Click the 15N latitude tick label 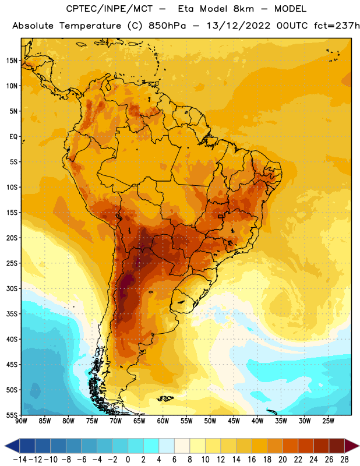pyautogui.click(x=12, y=61)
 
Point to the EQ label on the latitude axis pyautogui.click(x=13, y=137)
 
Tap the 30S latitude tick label pyautogui.click(x=12, y=288)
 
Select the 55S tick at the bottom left pyautogui.click(x=12, y=415)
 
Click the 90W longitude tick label pyautogui.click(x=21, y=421)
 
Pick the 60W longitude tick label pyautogui.click(x=163, y=421)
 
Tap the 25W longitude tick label pyautogui.click(x=328, y=421)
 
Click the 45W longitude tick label pyautogui.click(x=234, y=421)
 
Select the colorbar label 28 pyautogui.click(x=344, y=460)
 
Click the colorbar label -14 pyautogui.click(x=20, y=460)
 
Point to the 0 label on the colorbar pyautogui.click(x=128, y=460)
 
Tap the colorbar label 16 pyautogui.click(x=252, y=460)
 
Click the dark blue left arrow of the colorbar pyautogui.click(x=12, y=446)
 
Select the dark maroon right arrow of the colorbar pyautogui.click(x=352, y=446)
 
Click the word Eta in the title pyautogui.click(x=186, y=9)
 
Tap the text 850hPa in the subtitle pyautogui.click(x=167, y=26)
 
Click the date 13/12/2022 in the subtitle pyautogui.click(x=238, y=26)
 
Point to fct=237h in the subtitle pyautogui.click(x=337, y=26)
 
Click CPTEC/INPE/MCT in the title pyautogui.click(x=109, y=9)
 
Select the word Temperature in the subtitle pyautogui.click(x=90, y=26)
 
